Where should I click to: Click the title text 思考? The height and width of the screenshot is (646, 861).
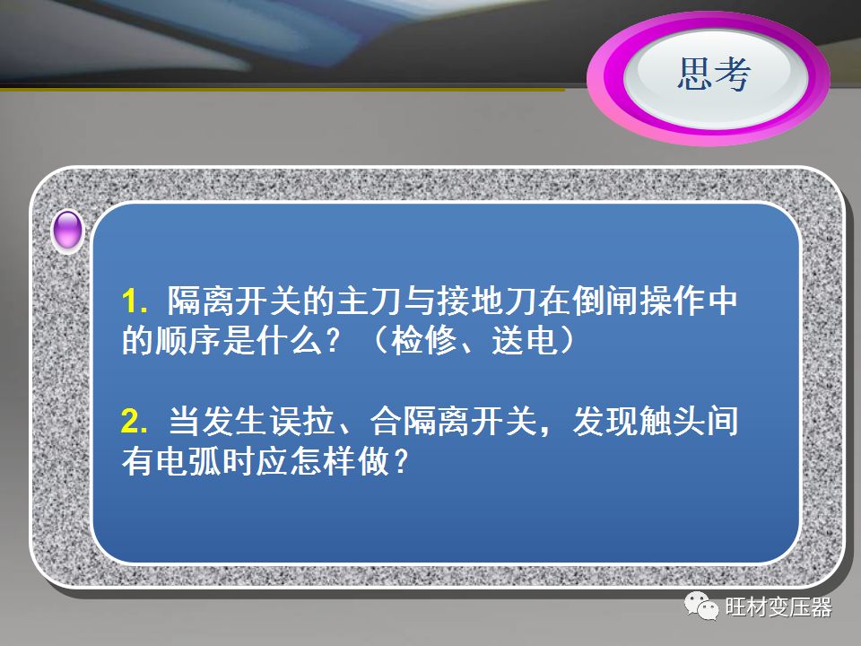pos(713,74)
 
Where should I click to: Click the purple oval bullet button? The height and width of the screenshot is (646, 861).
pos(67,231)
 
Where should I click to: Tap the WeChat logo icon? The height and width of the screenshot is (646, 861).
pos(701,606)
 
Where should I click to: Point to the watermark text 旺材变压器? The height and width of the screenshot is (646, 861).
pos(778,607)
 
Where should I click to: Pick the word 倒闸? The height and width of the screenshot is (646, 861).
pos(604,301)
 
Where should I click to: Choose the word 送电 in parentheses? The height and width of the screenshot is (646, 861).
pos(525,341)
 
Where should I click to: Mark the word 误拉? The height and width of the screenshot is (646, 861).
pos(302,422)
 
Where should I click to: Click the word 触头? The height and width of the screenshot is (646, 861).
pos(672,422)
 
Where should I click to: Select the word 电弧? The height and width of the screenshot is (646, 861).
pos(188,461)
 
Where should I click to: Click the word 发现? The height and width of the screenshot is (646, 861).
pos(604,422)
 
